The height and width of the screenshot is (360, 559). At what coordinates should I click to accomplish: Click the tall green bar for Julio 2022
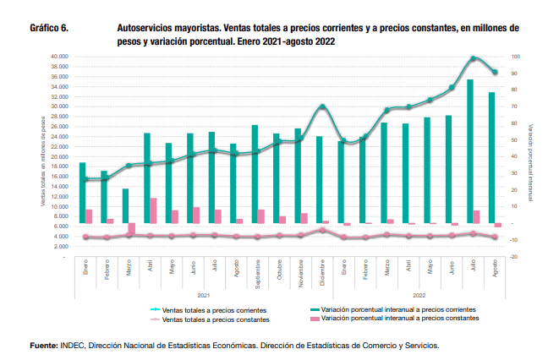click(x=469, y=152)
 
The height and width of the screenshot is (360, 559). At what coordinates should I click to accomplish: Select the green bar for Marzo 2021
click(x=125, y=206)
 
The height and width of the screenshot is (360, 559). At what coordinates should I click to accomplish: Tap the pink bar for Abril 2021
click(x=153, y=210)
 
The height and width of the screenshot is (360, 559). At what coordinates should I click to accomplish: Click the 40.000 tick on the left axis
click(x=58, y=57)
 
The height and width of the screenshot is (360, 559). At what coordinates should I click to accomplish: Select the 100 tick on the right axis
click(x=516, y=57)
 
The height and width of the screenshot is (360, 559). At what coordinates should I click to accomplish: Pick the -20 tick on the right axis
click(x=516, y=256)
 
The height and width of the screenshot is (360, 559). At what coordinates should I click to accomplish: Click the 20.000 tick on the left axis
click(x=58, y=156)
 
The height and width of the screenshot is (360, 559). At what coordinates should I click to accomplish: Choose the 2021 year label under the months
click(x=203, y=296)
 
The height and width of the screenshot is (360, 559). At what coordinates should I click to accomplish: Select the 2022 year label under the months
click(x=419, y=296)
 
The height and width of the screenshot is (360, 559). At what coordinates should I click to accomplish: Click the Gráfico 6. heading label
click(x=49, y=28)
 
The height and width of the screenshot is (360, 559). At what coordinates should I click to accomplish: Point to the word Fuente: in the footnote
click(x=44, y=346)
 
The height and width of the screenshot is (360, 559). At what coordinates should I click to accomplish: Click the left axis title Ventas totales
click(x=43, y=161)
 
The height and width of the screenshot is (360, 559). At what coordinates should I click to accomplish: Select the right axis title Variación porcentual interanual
click(x=531, y=156)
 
